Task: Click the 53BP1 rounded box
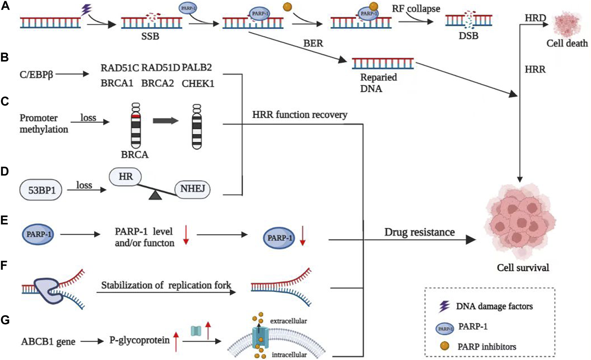tap(41, 190)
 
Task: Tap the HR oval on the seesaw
tap(125, 176)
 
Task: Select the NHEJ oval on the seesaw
tap(192, 189)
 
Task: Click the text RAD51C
tap(120, 68)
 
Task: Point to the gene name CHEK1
tap(198, 83)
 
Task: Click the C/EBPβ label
tap(36, 74)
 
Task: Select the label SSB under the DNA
tap(150, 36)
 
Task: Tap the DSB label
tap(468, 36)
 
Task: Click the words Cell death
tap(567, 43)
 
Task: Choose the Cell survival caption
tap(523, 268)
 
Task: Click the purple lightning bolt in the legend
tap(444, 306)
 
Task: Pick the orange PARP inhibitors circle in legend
tap(445, 346)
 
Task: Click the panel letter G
tap(5, 320)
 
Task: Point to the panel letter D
tap(5, 171)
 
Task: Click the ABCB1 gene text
tap(48, 342)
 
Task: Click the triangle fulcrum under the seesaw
tap(155, 196)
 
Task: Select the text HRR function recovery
tap(300, 115)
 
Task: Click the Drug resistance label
tap(419, 232)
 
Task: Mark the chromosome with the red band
tap(136, 126)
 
